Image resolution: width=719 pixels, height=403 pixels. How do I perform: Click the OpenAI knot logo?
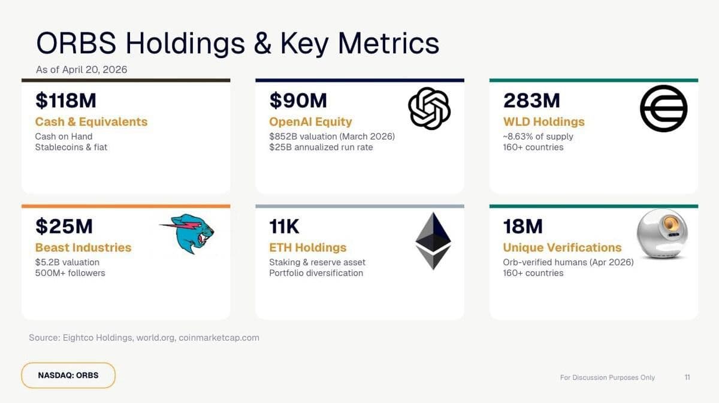(x=429, y=108)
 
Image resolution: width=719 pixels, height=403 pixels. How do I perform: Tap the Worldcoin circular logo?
(x=663, y=108)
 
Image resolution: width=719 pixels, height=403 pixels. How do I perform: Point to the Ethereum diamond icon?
(x=433, y=241)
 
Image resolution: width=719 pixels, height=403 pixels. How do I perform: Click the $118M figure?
(x=65, y=101)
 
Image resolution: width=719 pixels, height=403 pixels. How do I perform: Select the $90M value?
(x=297, y=101)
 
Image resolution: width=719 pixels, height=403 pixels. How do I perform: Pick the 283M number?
(x=531, y=101)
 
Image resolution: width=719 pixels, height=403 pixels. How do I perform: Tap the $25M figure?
(x=64, y=226)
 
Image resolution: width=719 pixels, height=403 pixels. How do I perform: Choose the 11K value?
(x=285, y=226)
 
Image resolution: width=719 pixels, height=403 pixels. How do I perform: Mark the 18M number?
(x=522, y=226)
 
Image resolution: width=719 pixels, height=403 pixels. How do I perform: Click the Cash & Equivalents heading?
(x=91, y=122)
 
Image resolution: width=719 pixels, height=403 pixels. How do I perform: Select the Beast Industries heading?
(x=83, y=247)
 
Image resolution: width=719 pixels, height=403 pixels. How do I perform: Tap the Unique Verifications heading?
(x=562, y=247)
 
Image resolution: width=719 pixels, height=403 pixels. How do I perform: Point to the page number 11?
(x=687, y=377)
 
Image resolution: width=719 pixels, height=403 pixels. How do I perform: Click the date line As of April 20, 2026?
(x=81, y=69)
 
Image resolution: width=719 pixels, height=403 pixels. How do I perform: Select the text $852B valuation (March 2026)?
(x=332, y=136)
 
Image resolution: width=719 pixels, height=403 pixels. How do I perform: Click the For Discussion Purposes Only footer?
(x=607, y=377)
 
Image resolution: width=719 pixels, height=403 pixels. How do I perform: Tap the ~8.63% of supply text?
(x=538, y=136)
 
